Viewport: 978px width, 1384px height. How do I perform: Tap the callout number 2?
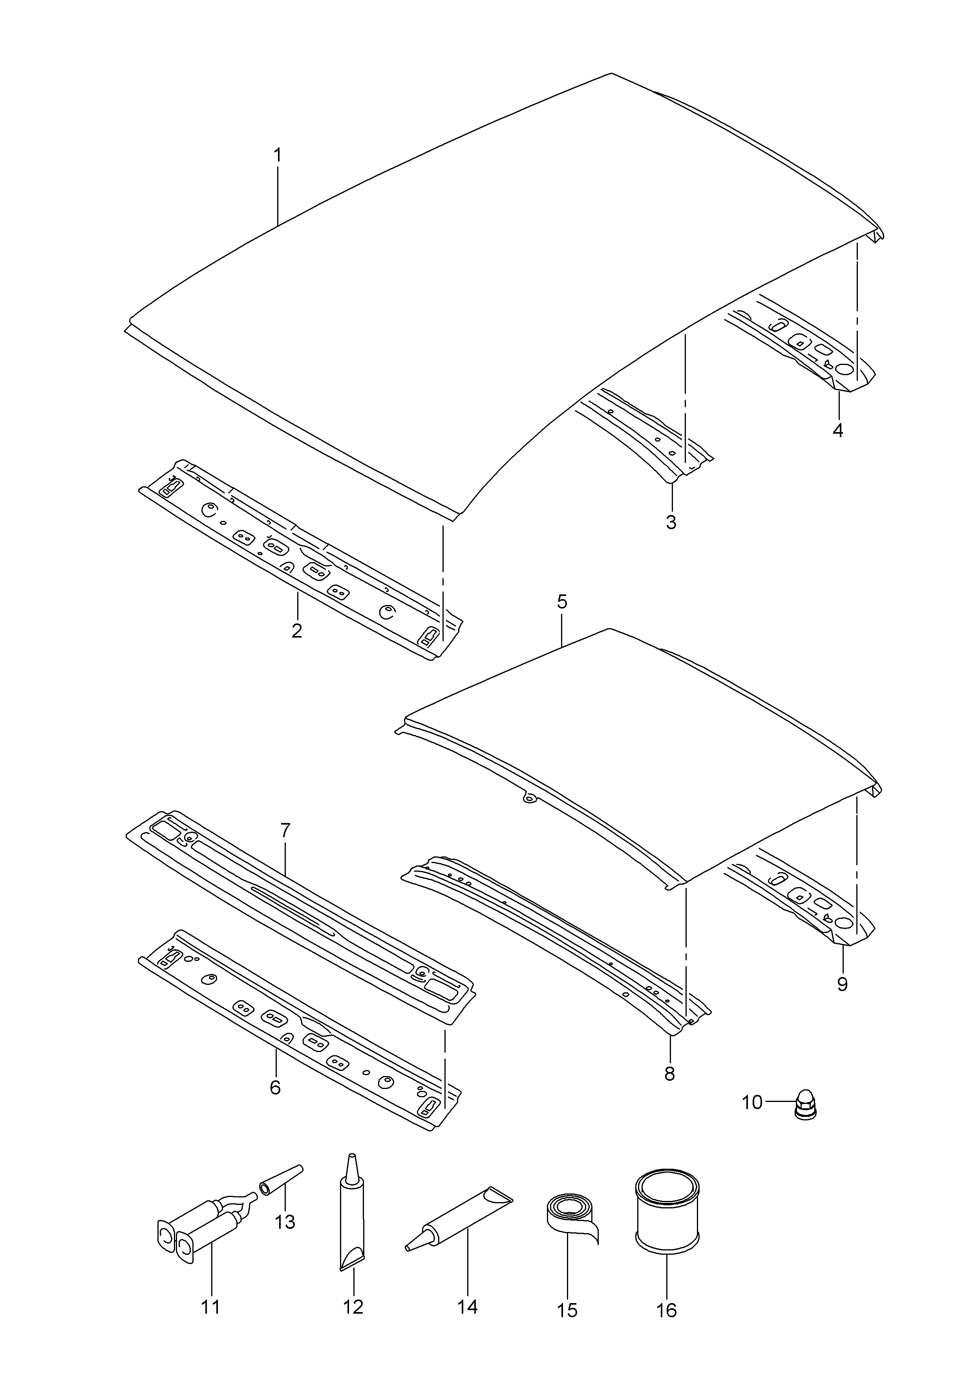tap(296, 631)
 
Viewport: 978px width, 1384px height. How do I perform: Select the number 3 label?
tap(671, 522)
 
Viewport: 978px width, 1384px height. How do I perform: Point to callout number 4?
tap(837, 431)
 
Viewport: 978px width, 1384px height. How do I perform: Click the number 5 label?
tap(561, 601)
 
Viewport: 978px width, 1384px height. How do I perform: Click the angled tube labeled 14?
tap(459, 1219)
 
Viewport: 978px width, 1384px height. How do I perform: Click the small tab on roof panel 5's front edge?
tap(529, 799)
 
